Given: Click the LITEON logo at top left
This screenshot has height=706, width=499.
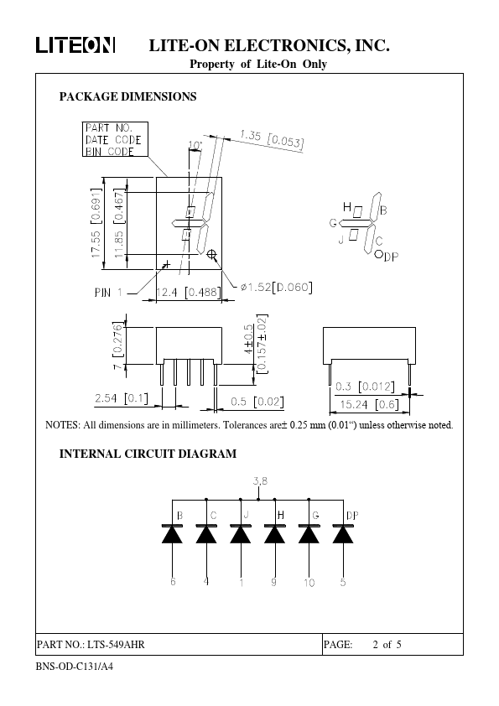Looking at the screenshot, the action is (75, 45).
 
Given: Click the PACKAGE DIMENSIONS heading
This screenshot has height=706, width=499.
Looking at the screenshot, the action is (128, 96).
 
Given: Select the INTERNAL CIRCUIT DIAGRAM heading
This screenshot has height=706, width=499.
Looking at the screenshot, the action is (148, 454).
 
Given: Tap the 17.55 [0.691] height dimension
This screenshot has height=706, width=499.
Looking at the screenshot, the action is (96, 222).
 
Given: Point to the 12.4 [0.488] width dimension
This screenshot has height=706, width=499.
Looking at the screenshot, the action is (189, 293).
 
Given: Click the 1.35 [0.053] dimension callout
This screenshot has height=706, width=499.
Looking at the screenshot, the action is (272, 138).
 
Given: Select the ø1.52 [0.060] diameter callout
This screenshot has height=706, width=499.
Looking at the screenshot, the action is (277, 287).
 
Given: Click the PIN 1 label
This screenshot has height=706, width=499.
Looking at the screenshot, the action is (108, 293).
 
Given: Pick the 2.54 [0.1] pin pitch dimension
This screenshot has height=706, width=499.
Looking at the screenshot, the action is (121, 398).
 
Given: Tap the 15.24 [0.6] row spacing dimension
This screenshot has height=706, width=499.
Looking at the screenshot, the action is (369, 404).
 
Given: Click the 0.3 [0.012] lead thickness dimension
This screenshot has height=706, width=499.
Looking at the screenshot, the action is (365, 387).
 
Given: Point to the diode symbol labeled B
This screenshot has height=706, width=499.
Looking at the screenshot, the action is (172, 533).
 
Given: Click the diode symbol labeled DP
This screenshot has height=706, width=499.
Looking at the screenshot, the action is (343, 533).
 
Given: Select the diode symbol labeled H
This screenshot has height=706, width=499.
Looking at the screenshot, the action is (274, 533).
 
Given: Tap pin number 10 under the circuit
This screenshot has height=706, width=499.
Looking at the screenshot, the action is (309, 583).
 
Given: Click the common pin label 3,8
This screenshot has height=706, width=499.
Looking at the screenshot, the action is (260, 481).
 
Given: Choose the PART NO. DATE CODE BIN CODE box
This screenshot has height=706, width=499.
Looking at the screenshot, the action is (115, 139).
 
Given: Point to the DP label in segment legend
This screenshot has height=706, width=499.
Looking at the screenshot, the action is (392, 257).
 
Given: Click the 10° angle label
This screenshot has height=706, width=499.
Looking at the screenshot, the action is (195, 145).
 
